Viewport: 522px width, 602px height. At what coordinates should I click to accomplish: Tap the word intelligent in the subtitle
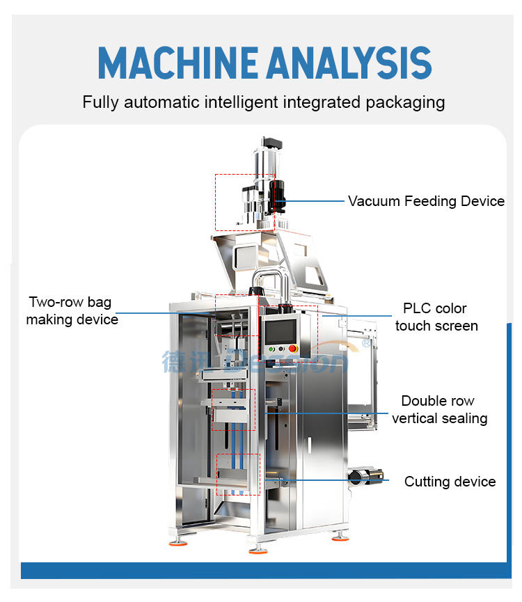click(239, 102)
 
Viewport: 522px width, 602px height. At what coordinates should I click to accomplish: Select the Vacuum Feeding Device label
click(426, 201)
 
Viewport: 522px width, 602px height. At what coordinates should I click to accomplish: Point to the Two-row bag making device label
click(72, 311)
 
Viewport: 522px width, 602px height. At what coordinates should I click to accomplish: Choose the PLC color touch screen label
click(436, 317)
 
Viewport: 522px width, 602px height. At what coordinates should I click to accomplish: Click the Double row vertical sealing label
click(439, 409)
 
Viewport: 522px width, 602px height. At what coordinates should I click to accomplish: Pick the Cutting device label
click(450, 482)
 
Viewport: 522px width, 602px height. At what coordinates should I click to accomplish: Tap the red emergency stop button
click(293, 349)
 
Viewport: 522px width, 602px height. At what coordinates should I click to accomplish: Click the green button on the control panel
click(271, 349)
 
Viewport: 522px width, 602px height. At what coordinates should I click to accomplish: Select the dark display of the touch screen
click(280, 329)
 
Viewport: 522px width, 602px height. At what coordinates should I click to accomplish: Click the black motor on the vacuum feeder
click(278, 194)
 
